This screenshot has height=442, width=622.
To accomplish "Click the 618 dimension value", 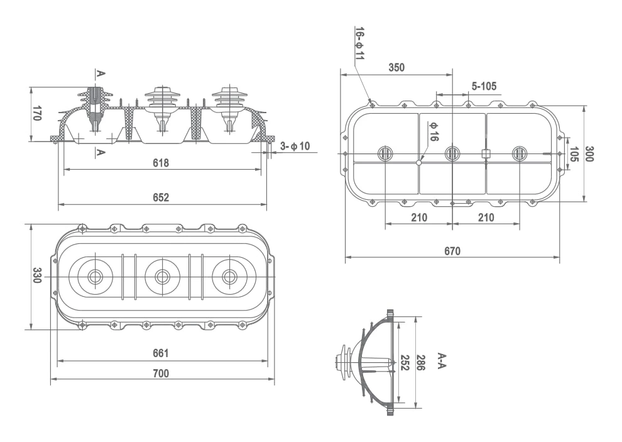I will point(161,163).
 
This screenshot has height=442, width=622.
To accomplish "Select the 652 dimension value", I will point(161,197).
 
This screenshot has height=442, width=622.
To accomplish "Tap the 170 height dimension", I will point(37,114).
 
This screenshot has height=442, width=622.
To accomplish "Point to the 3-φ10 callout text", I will point(295,146).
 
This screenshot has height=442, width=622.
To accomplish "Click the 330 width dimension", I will point(37,275).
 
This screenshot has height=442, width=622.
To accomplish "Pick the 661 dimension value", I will point(161,353).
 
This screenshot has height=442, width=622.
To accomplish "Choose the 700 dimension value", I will point(161,373).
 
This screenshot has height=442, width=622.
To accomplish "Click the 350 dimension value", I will point(396,67).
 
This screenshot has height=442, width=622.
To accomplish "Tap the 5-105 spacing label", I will point(484,86).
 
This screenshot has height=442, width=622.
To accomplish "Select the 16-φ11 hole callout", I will point(359,44).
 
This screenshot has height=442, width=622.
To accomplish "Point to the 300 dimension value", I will point(589,153).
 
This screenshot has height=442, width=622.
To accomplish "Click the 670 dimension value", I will point(452,251).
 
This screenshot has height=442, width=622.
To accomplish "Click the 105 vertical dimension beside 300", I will point(573,154).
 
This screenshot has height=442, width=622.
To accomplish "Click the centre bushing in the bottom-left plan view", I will point(162,275).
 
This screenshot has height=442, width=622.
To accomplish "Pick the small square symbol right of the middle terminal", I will point(486,153).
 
